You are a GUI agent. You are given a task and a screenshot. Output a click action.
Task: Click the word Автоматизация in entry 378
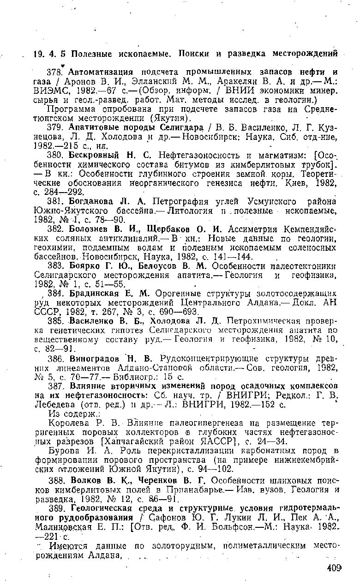coord(96,72)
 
